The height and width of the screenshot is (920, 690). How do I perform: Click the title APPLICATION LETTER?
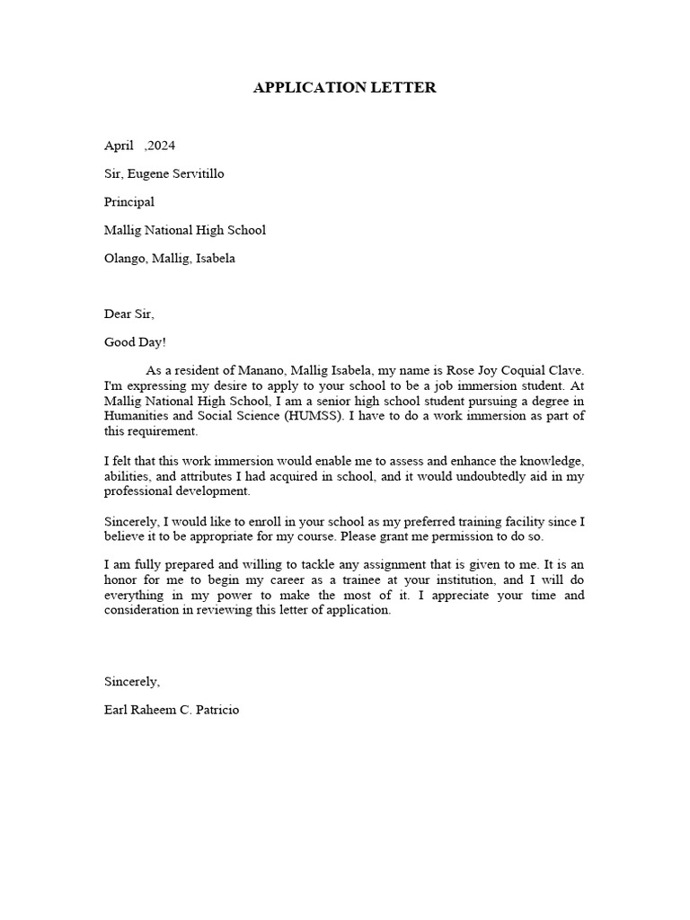[344, 87]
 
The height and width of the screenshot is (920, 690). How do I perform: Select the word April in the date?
[119, 145]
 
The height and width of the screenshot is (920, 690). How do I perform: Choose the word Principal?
[129, 202]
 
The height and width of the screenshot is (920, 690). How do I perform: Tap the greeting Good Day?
[135, 342]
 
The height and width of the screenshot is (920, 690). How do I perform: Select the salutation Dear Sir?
[129, 314]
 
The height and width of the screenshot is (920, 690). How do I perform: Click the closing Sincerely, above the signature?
[132, 681]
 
